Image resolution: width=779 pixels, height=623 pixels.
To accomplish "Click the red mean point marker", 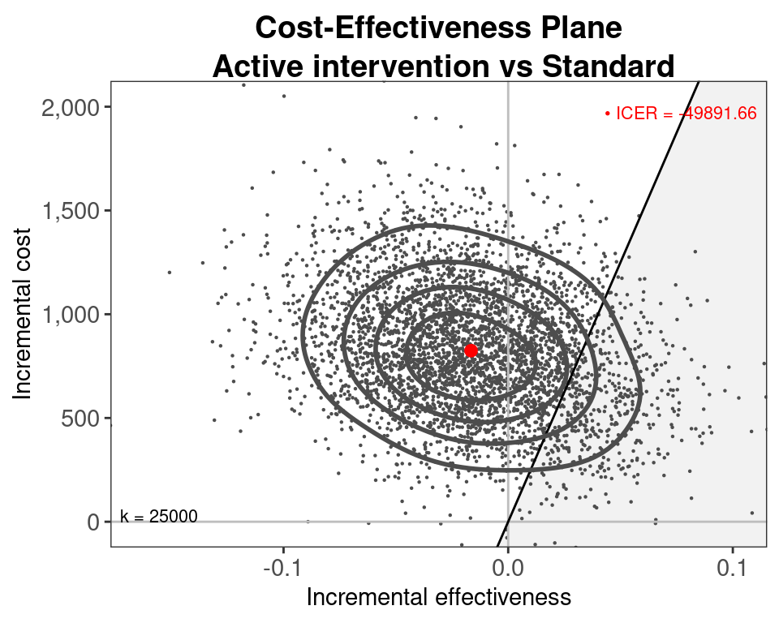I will [x=471, y=350].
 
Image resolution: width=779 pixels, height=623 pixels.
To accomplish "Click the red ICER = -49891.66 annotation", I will [x=681, y=114].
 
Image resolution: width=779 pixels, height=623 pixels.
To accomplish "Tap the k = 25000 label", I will [x=159, y=516].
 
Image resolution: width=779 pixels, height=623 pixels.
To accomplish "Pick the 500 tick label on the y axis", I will [x=84, y=419].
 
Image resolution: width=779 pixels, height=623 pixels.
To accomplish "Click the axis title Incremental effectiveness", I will [x=438, y=598].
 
